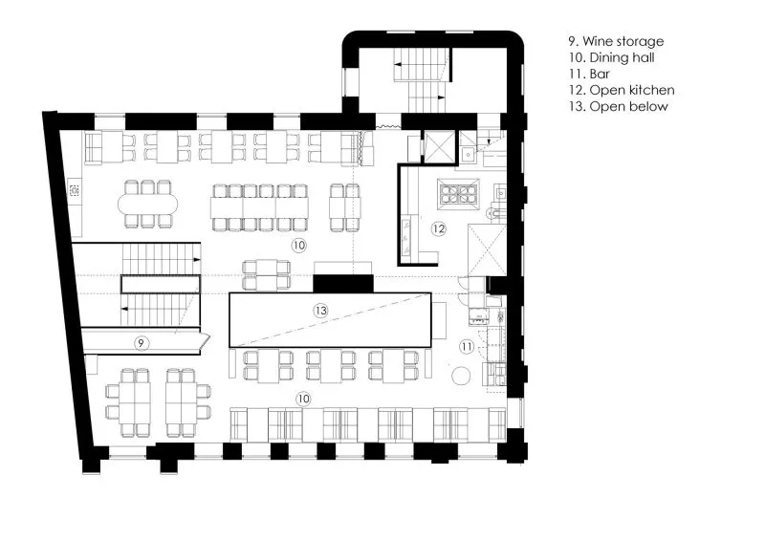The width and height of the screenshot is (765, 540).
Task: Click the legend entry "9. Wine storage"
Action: pos(616,41)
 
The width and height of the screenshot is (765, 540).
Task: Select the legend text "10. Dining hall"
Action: pos(611,57)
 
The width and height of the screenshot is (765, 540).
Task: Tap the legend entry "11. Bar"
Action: pos(589,74)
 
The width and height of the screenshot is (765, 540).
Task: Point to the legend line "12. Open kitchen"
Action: pos(622,90)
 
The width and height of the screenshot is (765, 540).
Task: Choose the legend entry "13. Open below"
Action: pos(618,106)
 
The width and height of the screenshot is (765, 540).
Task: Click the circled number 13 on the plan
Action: pos(320,311)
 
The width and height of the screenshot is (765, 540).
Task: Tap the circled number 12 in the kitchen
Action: pos(439,228)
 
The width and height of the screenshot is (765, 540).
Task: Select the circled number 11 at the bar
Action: pos(467,347)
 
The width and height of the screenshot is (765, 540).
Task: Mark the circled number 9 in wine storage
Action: pos(141,343)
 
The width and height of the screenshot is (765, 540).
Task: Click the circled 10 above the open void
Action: pos(298,245)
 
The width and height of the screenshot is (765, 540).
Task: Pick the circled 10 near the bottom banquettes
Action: pos(303,399)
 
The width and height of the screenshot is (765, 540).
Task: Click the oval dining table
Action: pos(148,204)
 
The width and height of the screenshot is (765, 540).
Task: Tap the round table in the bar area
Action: pos(461,376)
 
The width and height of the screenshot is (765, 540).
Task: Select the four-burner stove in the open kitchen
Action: pos(458,191)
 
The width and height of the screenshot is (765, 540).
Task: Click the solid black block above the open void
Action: pos(343,284)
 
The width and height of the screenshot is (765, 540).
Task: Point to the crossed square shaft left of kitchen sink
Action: pos(440,145)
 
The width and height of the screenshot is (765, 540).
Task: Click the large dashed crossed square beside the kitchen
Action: pos(487,249)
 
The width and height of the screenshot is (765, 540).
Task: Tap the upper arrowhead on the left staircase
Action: pos(197,260)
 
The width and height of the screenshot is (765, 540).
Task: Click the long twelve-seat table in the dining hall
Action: pos(259,207)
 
